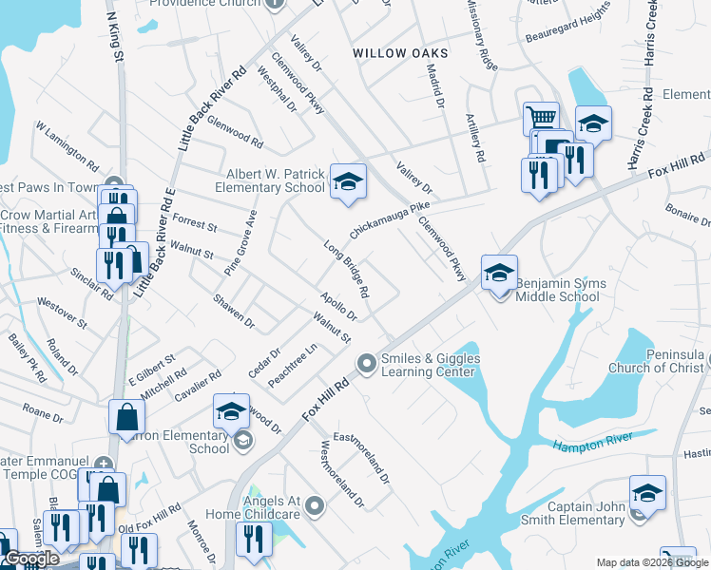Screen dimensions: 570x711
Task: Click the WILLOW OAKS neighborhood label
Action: pos(400,53)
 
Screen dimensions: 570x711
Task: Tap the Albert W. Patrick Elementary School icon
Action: pos(348,181)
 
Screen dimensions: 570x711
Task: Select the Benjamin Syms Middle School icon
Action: pos(499,273)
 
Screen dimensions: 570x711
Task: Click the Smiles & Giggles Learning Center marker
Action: pos(366,364)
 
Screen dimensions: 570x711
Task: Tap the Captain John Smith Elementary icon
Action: pos(647,493)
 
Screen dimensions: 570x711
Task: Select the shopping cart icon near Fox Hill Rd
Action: pos(540,119)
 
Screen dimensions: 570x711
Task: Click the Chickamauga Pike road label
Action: pos(390,218)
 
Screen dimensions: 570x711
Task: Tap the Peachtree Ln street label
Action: pos(292,363)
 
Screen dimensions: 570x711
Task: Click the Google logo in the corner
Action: pos(29,559)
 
